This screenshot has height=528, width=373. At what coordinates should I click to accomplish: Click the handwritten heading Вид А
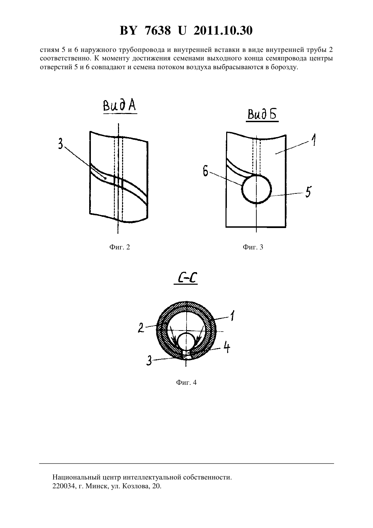tap(120, 106)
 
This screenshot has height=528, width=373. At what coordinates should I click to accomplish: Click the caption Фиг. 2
tap(120, 247)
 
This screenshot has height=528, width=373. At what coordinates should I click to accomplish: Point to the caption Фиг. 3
tap(253, 247)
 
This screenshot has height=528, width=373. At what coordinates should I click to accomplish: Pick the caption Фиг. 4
tap(186, 382)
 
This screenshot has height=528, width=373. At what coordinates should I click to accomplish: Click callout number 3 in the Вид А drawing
tap(61, 143)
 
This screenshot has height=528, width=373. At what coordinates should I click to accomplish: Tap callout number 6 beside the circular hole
tap(205, 172)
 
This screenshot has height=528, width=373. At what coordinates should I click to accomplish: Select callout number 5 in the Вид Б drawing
tap(308, 191)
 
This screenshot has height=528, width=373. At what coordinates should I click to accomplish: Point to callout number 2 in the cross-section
tap(141, 327)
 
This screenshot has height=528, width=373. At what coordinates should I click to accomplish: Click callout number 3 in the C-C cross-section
tap(149, 361)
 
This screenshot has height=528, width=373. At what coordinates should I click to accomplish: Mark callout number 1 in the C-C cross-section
tap(232, 316)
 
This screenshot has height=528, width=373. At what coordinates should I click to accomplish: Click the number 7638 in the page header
tap(158, 31)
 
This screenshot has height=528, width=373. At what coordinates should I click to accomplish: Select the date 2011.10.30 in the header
tap(223, 31)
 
